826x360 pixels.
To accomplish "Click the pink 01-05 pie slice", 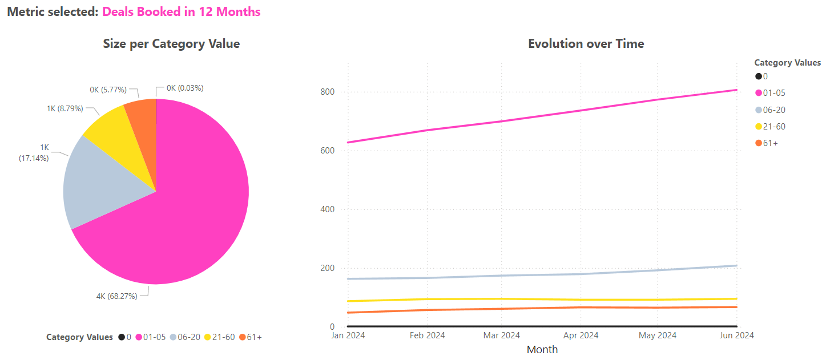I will click(x=188, y=217).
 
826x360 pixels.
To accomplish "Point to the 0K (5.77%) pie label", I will click(x=108, y=90).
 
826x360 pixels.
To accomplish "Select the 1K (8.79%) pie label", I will click(x=65, y=108).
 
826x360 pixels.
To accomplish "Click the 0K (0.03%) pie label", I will click(x=185, y=88).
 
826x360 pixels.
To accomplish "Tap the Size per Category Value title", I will click(x=171, y=44).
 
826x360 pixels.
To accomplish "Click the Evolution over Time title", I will click(x=586, y=44).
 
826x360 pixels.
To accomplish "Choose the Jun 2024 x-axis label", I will click(x=736, y=335).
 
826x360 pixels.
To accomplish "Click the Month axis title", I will click(x=542, y=349).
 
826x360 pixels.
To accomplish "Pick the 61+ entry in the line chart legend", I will click(x=770, y=143).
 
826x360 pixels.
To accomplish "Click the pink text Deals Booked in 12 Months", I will click(x=182, y=11).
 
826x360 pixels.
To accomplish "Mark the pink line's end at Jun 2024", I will click(x=736, y=90).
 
